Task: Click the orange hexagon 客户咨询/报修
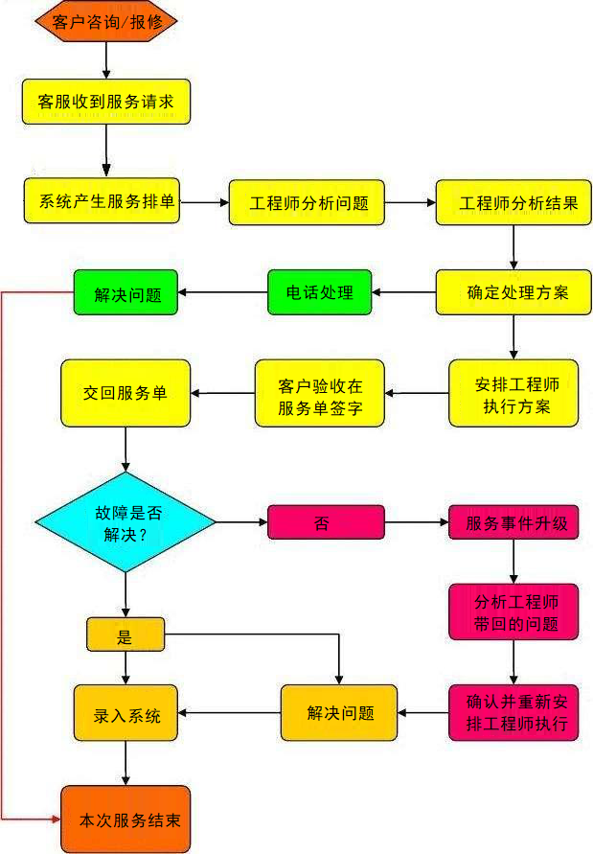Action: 105,22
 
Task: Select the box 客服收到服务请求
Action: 106,101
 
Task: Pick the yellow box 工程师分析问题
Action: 307,203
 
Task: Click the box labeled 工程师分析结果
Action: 513,203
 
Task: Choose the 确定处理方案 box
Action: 513,292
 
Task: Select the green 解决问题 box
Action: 126,292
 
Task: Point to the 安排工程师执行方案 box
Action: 514,393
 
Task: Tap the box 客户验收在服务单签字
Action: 319,393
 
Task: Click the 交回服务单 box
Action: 125,393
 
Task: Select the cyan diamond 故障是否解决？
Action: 125,522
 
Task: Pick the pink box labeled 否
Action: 325,522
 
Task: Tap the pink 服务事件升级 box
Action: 513,523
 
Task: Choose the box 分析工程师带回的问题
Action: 513,612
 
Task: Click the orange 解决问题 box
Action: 338,712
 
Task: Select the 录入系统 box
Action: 125,713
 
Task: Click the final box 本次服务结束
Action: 125,819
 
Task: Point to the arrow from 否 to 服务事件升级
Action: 417,522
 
